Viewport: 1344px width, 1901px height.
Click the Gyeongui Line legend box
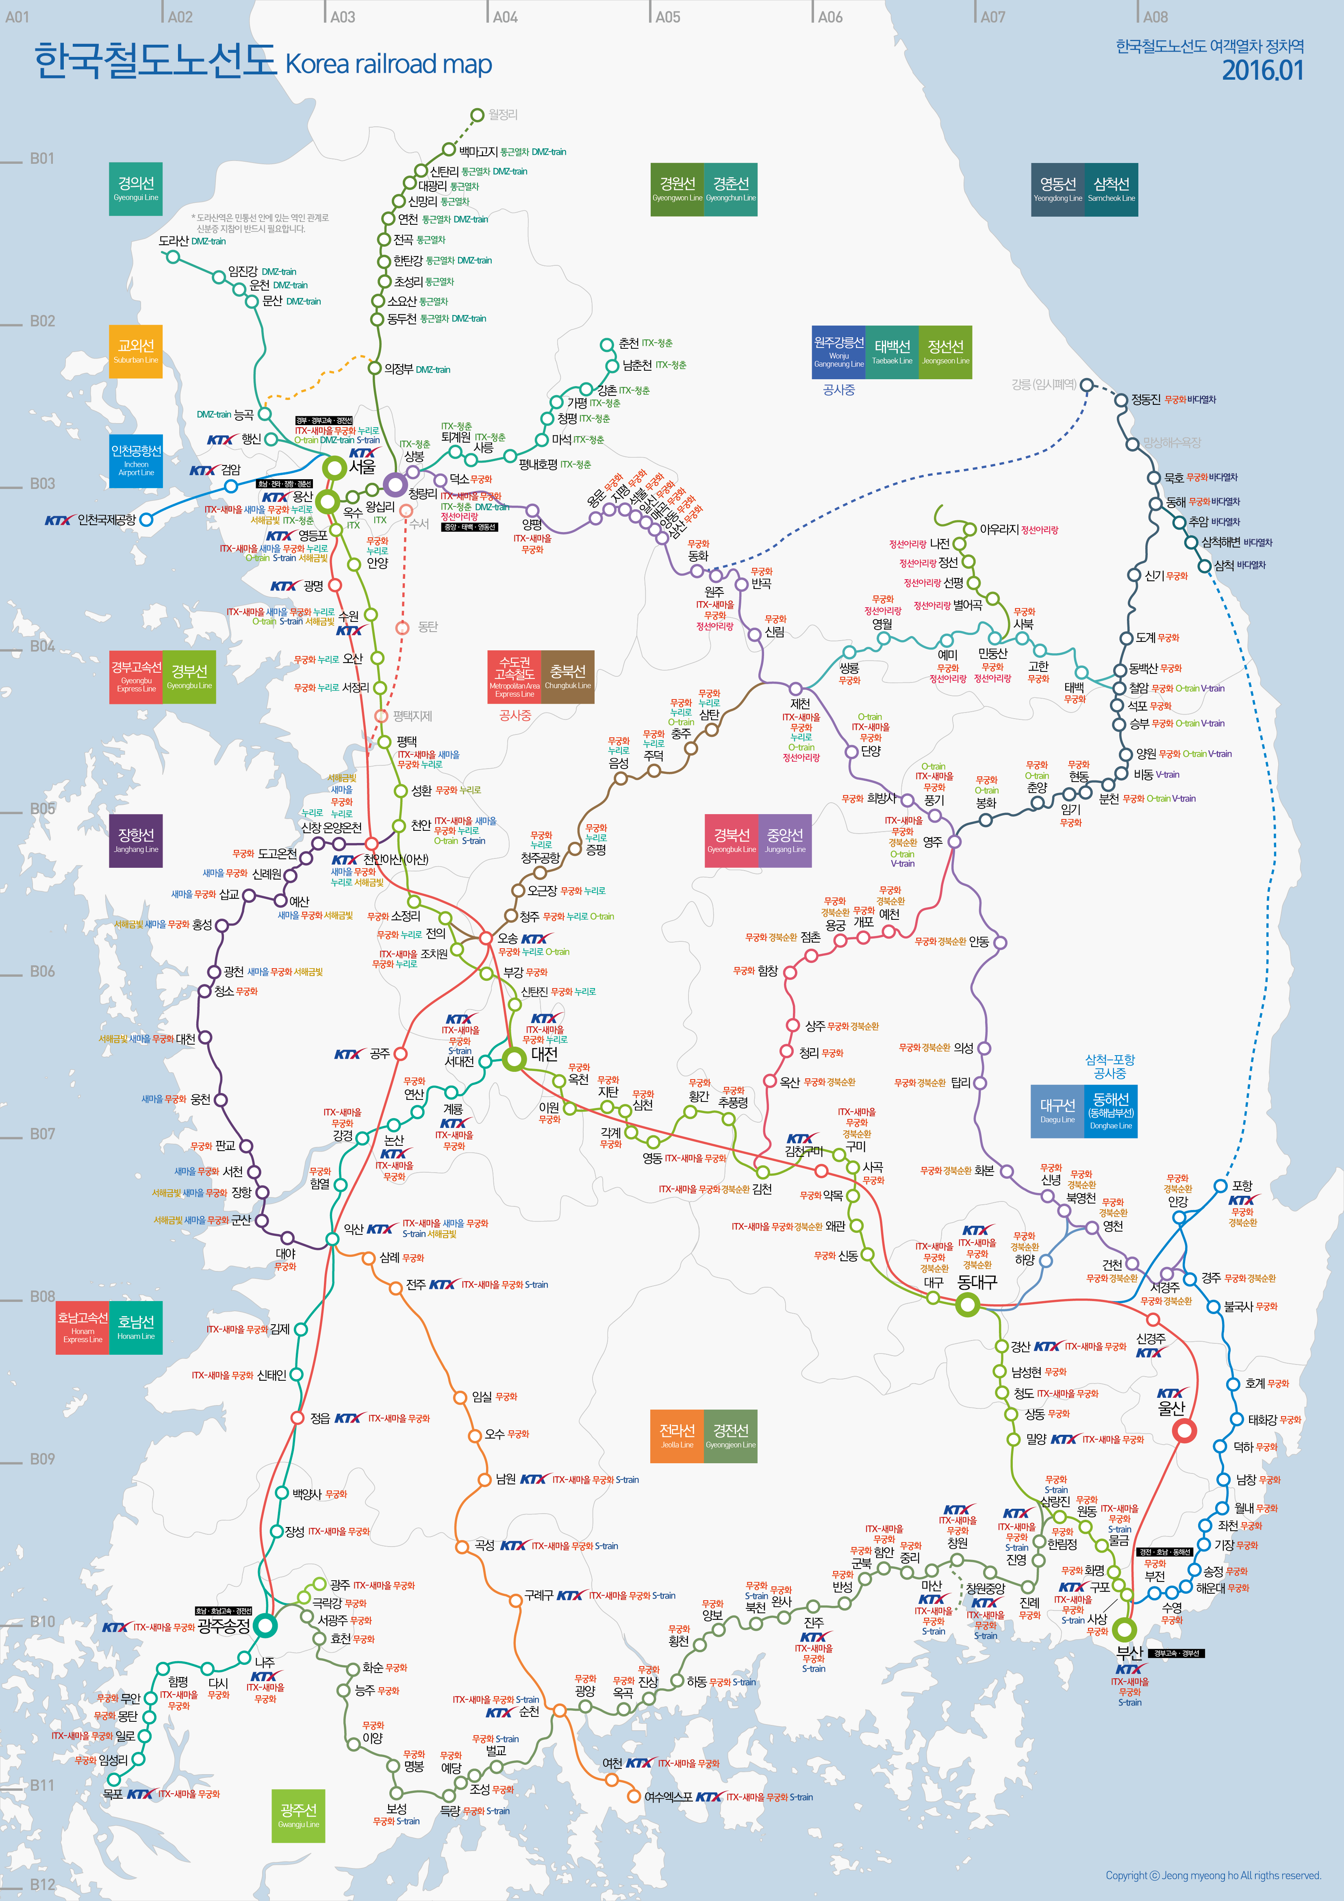coord(136,188)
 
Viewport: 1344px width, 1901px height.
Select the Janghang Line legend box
coord(136,840)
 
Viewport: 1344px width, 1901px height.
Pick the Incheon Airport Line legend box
coord(136,461)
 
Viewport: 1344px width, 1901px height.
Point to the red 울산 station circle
coord(1185,1430)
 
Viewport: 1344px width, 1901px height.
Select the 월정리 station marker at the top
coord(477,115)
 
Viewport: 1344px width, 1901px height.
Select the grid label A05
coord(667,17)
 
